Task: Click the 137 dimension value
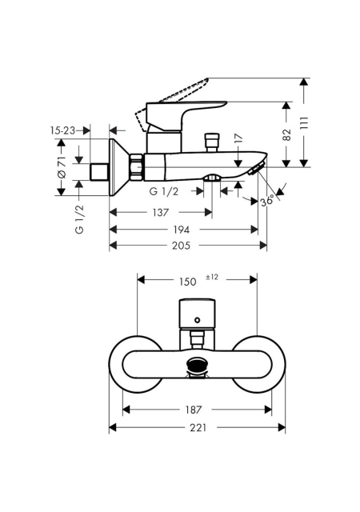[160, 213]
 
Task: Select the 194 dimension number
[181, 230]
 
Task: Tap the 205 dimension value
[181, 246]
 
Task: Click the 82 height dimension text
[286, 134]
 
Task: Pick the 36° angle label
[267, 202]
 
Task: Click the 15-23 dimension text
[62, 130]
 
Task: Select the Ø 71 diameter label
[62, 167]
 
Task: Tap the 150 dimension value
[188, 282]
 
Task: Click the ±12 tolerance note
[212, 278]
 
